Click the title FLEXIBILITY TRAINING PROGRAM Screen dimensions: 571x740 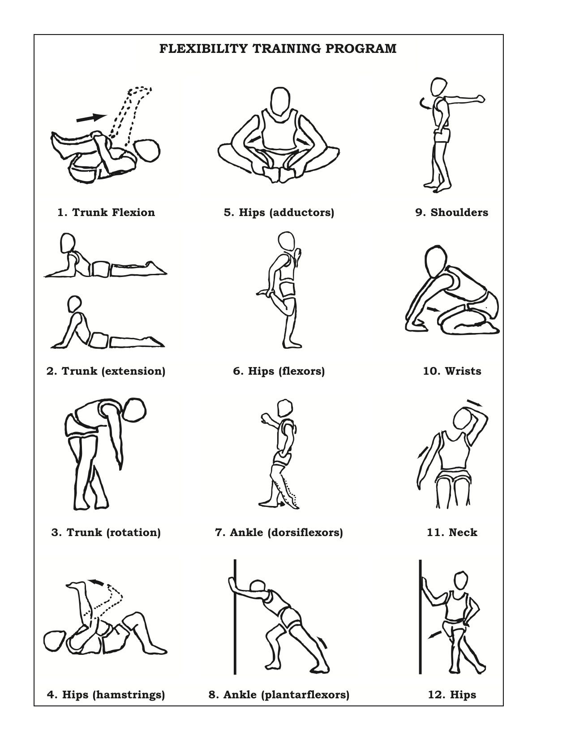[x=278, y=48]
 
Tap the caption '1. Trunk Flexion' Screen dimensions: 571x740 [x=106, y=212]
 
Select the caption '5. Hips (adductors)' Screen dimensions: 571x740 [x=279, y=212]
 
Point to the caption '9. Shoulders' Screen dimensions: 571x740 [x=451, y=212]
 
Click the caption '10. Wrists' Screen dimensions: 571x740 [x=452, y=371]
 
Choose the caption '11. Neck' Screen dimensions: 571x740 [x=452, y=532]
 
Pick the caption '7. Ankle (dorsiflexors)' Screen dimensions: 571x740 [x=279, y=532]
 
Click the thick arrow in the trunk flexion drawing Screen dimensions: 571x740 [x=92, y=118]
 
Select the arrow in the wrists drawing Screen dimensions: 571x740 [x=433, y=309]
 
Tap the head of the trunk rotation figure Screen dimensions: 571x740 [x=134, y=411]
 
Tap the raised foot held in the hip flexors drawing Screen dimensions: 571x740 [x=265, y=292]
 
